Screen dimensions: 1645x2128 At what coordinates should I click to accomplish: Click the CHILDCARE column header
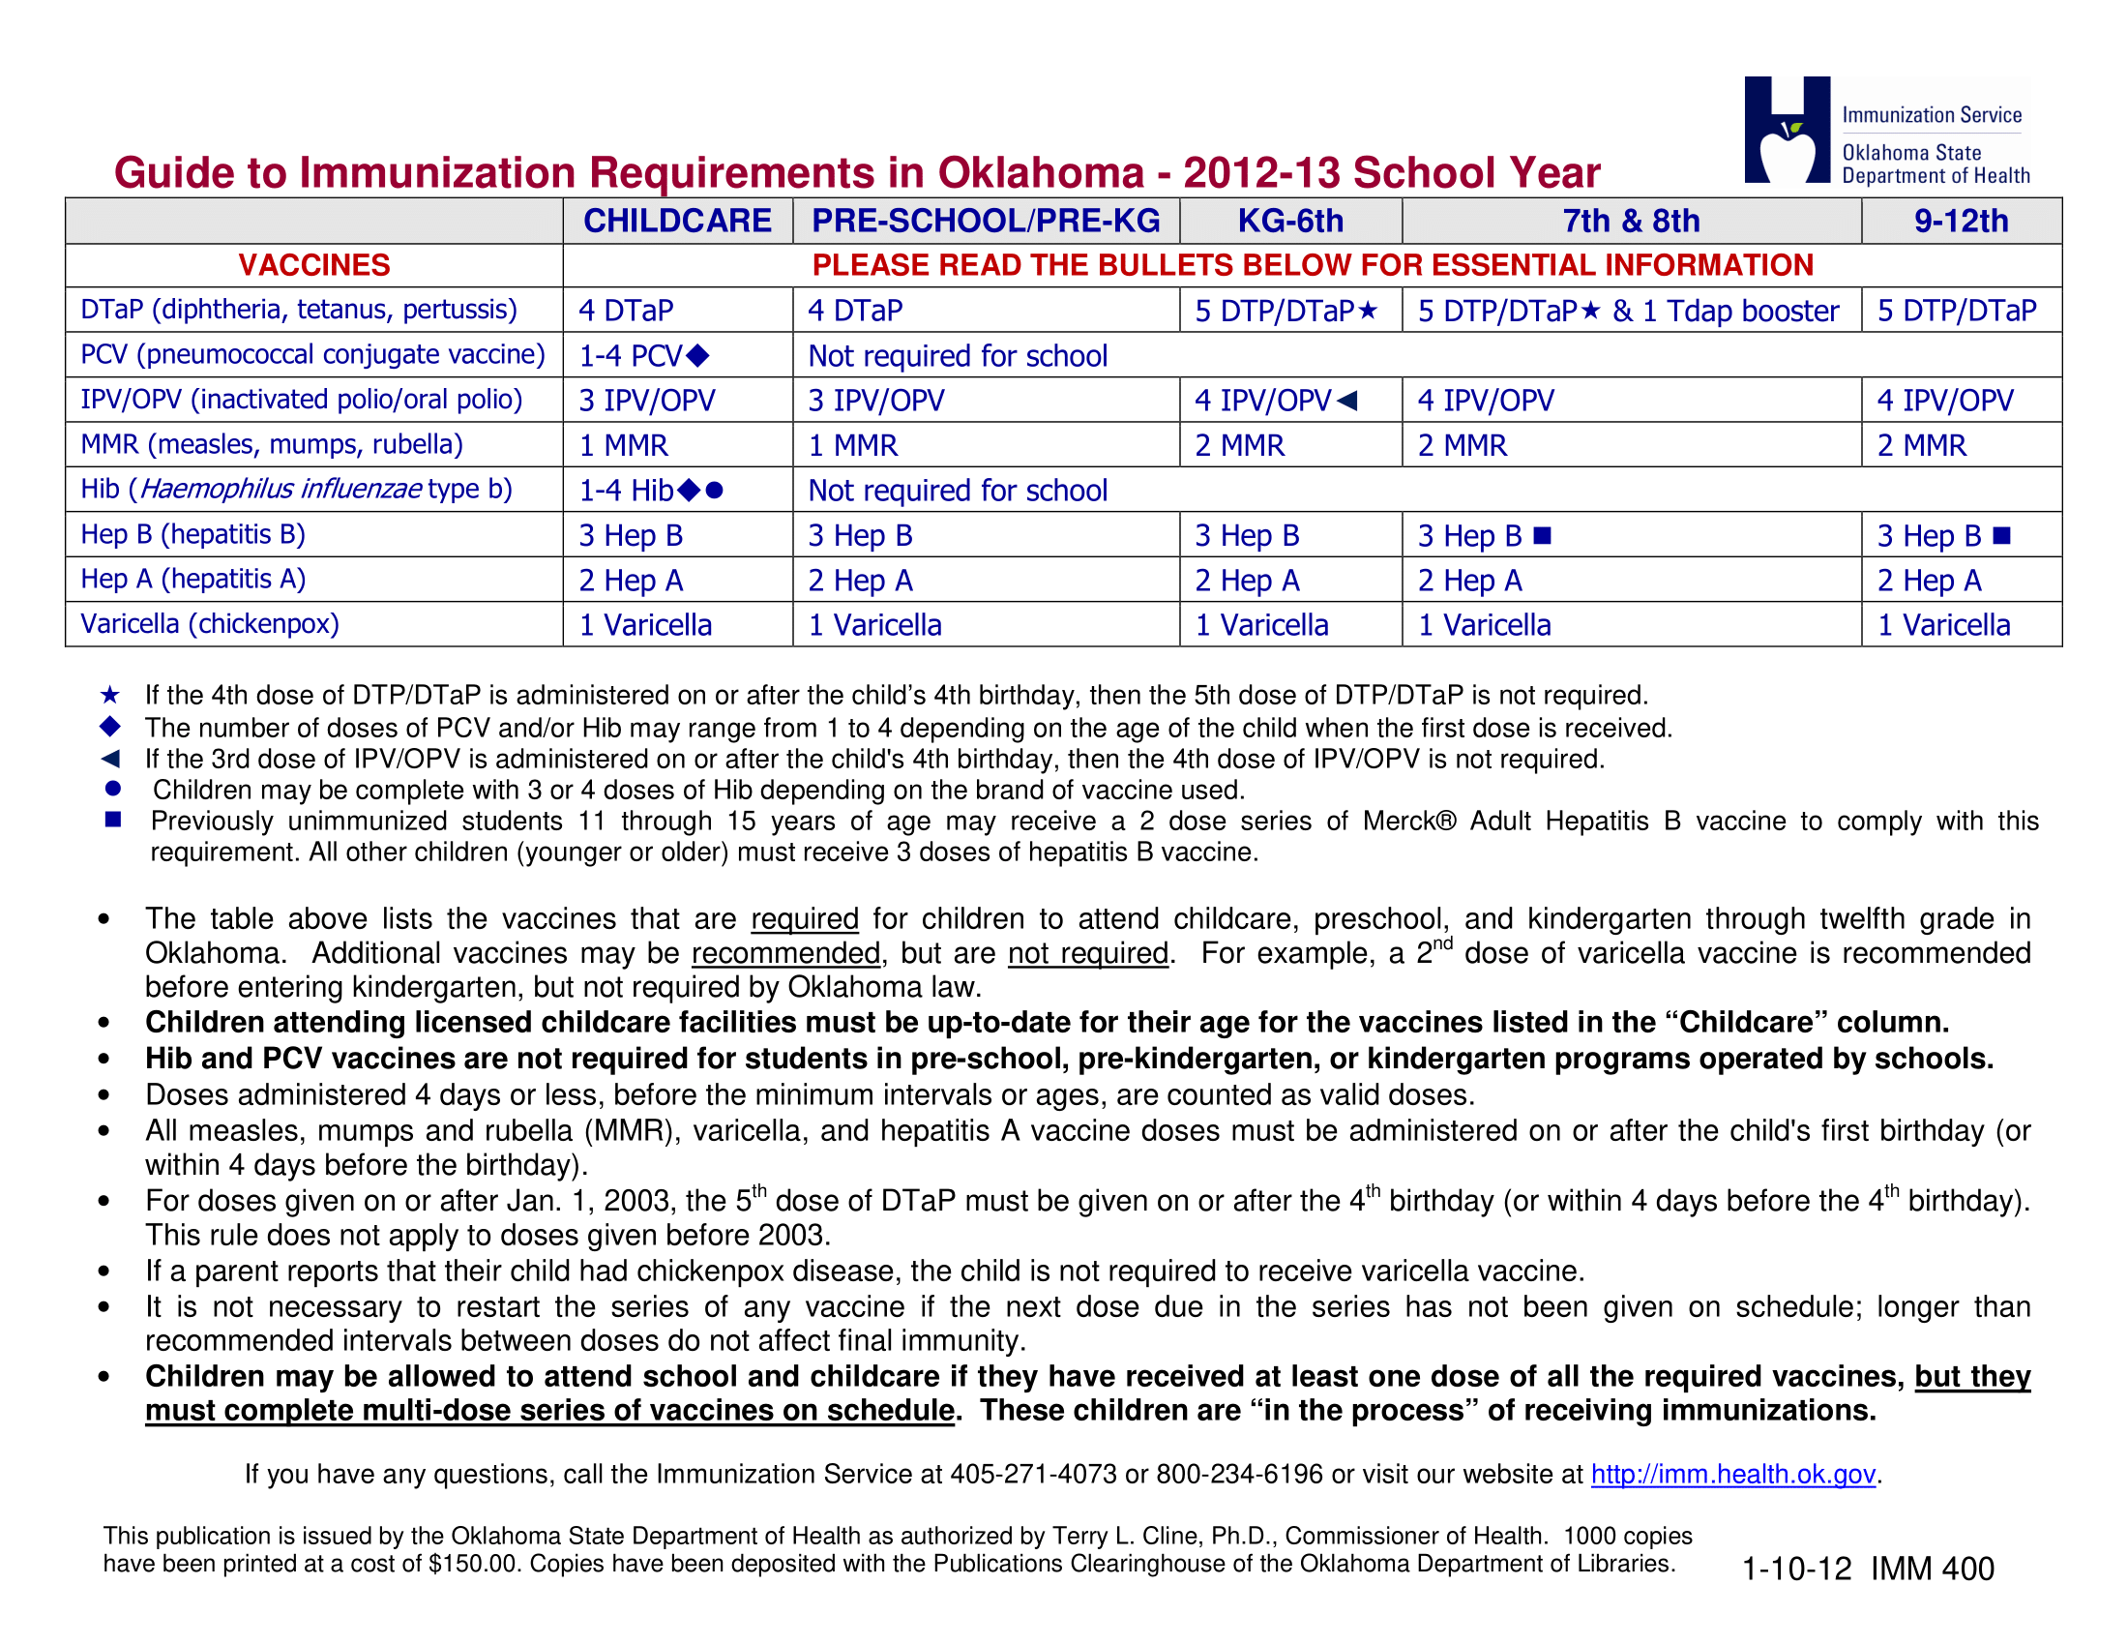tap(677, 222)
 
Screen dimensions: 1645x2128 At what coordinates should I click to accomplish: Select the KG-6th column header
tap(1290, 222)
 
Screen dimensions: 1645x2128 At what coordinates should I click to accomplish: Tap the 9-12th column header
tap(1961, 222)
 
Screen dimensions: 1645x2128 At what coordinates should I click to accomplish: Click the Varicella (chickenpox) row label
tap(210, 624)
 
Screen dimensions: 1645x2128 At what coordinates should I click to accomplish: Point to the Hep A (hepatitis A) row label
tap(192, 579)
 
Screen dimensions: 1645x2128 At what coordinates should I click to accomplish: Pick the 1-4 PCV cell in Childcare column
tap(644, 356)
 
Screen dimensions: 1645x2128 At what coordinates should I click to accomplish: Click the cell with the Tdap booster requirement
tap(1628, 311)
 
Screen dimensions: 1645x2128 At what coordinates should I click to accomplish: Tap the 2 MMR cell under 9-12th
tap(1921, 445)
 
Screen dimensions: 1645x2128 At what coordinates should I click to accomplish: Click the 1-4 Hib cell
tap(650, 491)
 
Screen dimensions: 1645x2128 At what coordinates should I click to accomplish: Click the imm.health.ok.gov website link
tap(1732, 1475)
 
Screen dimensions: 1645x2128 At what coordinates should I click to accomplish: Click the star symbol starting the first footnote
tap(110, 695)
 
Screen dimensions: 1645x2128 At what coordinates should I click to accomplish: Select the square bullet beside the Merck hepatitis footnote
tap(113, 820)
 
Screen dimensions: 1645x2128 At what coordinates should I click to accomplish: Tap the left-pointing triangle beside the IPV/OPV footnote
tap(110, 759)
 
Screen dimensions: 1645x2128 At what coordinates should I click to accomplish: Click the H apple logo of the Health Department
tap(1787, 131)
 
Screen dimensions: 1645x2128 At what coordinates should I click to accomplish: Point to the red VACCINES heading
tap(313, 265)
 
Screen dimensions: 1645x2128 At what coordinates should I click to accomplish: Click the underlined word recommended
tap(785, 953)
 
